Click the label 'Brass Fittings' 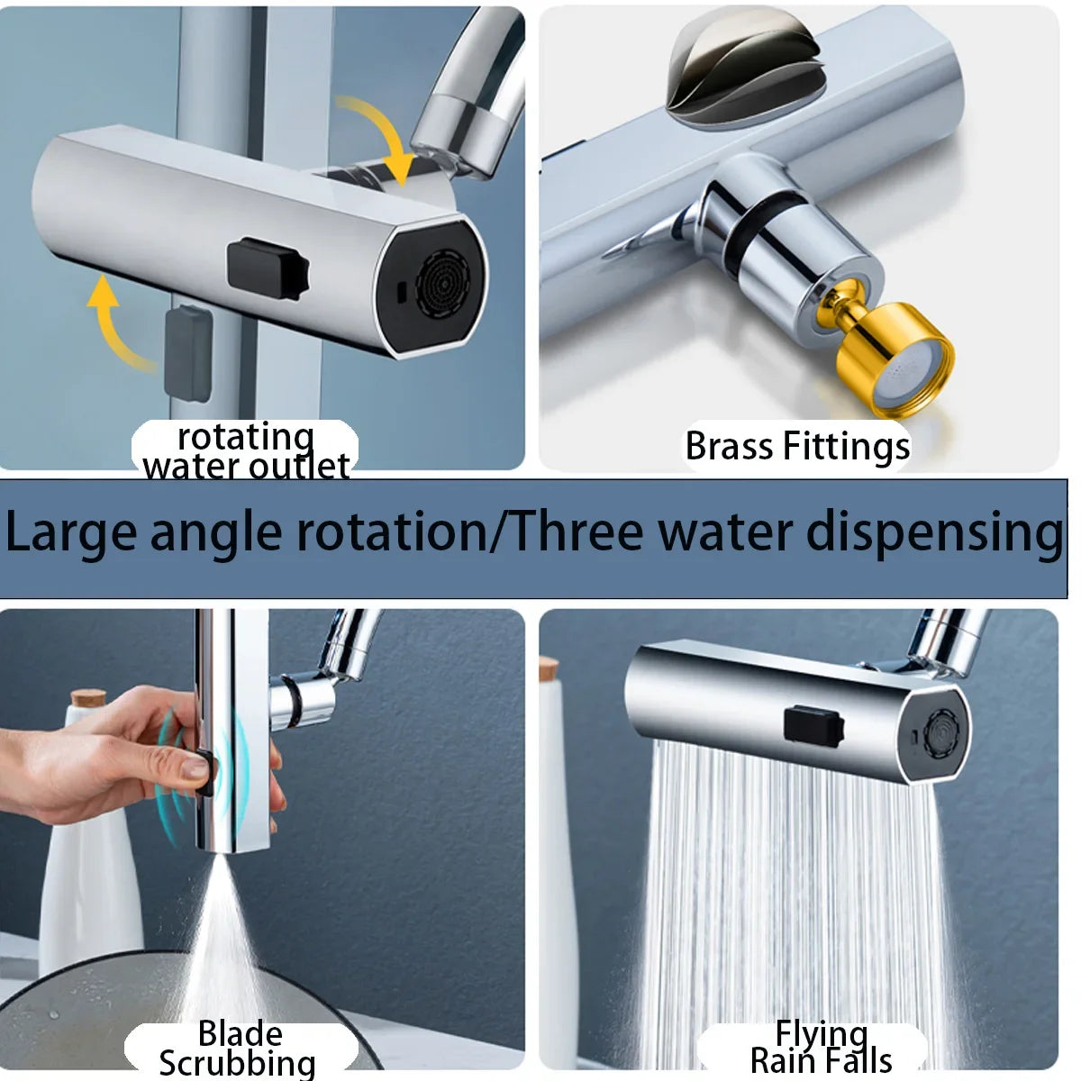tap(797, 447)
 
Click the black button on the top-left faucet tap(268, 268)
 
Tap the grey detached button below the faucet tap(188, 353)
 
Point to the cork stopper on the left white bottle tap(88, 698)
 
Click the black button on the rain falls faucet tap(813, 726)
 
